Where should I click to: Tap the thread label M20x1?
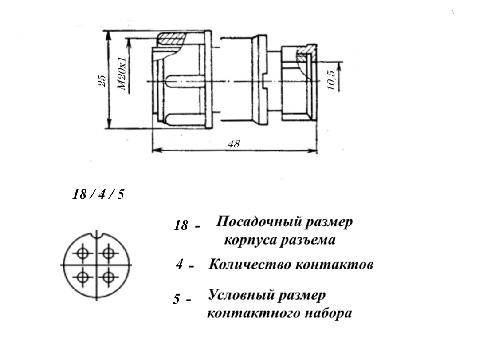coord(122,74)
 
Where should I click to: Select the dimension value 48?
coord(234,144)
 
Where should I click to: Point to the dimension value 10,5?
coord(331,80)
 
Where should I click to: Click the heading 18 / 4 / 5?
coord(98,194)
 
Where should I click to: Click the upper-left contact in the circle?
coord(82,253)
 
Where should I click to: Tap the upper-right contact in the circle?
coord(108,253)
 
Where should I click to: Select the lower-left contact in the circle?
coord(82,277)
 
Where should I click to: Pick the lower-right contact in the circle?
coord(108,277)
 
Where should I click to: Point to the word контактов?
coord(334,265)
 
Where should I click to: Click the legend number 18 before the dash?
coord(181,225)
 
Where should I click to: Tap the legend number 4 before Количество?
coord(180,265)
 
